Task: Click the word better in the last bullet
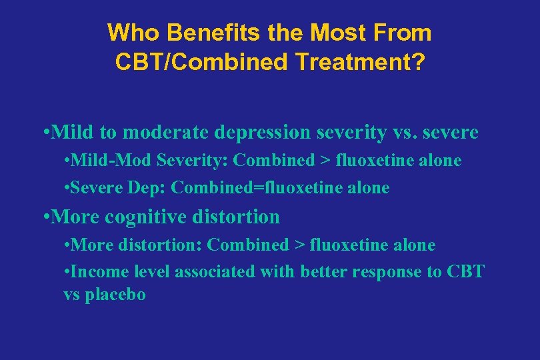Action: click(x=325, y=272)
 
